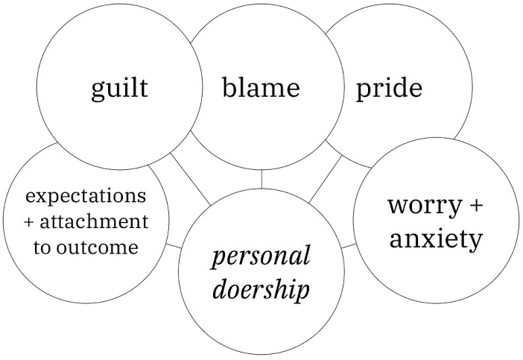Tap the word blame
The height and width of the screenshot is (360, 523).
261,88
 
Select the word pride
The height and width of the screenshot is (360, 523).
389,89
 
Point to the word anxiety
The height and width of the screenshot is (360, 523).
436,239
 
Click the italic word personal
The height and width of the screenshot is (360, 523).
261,257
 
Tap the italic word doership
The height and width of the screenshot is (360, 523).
261,289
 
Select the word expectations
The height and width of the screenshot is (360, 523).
86,197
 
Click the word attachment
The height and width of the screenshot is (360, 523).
93,222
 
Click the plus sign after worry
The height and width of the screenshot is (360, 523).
475,206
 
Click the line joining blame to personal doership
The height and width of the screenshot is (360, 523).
261,179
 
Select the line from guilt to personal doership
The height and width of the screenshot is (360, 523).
189,177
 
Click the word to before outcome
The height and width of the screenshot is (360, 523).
43,247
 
